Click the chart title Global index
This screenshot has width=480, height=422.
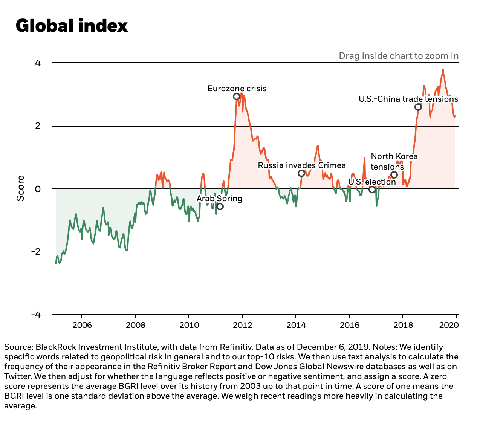coord(72,26)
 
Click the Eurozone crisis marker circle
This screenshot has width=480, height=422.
coord(237,96)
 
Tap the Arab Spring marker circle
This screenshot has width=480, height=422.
coord(220,206)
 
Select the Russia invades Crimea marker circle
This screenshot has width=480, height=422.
coord(301,173)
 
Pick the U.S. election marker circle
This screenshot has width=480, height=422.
coord(372,190)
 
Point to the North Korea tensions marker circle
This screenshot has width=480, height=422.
coord(394,174)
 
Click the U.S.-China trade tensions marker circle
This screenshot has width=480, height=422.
coord(418,107)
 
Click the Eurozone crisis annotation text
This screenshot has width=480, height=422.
coord(237,89)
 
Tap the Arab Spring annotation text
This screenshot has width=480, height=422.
coord(219,199)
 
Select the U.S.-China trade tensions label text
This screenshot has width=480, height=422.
coord(408,99)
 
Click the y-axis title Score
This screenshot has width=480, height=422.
coord(20,188)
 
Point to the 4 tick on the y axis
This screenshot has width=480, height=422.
coord(37,63)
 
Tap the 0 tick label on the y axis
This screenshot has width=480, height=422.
coord(38,189)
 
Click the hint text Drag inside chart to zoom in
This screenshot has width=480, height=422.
coord(399,56)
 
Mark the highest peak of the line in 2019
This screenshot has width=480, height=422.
coord(443,69)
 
